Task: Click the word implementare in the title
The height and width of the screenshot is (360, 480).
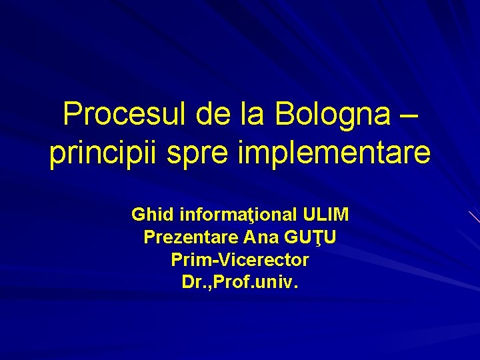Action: click(x=329, y=153)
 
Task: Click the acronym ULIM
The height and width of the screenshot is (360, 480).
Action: click(x=325, y=215)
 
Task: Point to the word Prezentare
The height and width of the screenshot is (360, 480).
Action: click(x=191, y=237)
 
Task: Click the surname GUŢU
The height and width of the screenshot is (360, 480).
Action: click(x=311, y=237)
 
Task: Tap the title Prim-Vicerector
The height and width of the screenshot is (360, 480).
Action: click(x=240, y=259)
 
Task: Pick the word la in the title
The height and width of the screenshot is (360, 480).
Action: click(x=254, y=115)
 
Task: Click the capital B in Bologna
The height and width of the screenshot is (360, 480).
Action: click(x=284, y=115)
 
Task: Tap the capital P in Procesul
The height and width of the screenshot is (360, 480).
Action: click(x=72, y=115)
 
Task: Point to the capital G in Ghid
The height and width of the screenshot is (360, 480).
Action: click(x=138, y=215)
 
